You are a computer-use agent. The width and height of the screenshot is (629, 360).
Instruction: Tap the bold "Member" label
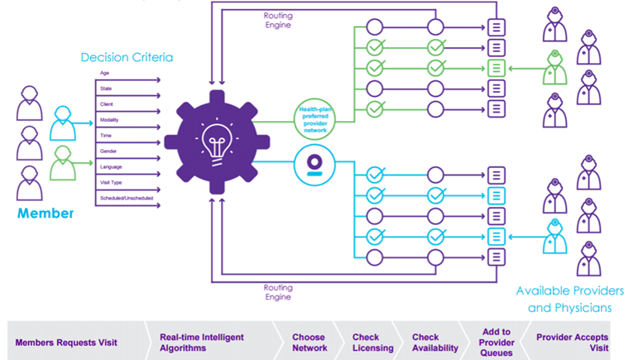pyautogui.click(x=46, y=214)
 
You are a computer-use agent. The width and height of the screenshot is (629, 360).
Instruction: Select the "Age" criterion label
pyautogui.click(x=104, y=74)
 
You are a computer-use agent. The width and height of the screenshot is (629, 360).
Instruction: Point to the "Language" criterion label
pyautogui.click(x=112, y=166)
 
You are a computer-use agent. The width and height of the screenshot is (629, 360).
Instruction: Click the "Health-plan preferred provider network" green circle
pyautogui.click(x=316, y=118)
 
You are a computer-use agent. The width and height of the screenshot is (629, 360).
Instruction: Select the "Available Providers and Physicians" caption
pyautogui.click(x=569, y=300)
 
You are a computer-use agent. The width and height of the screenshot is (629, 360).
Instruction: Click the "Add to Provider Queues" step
pyautogui.click(x=497, y=343)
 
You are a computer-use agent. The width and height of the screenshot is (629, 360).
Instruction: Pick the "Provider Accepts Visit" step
pyautogui.click(x=572, y=343)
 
